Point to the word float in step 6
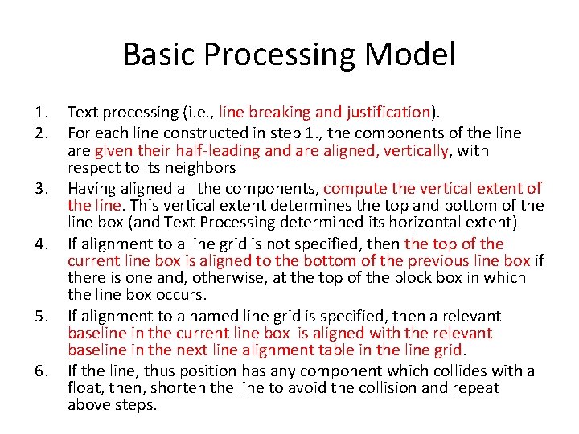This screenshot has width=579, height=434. pos(86,388)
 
